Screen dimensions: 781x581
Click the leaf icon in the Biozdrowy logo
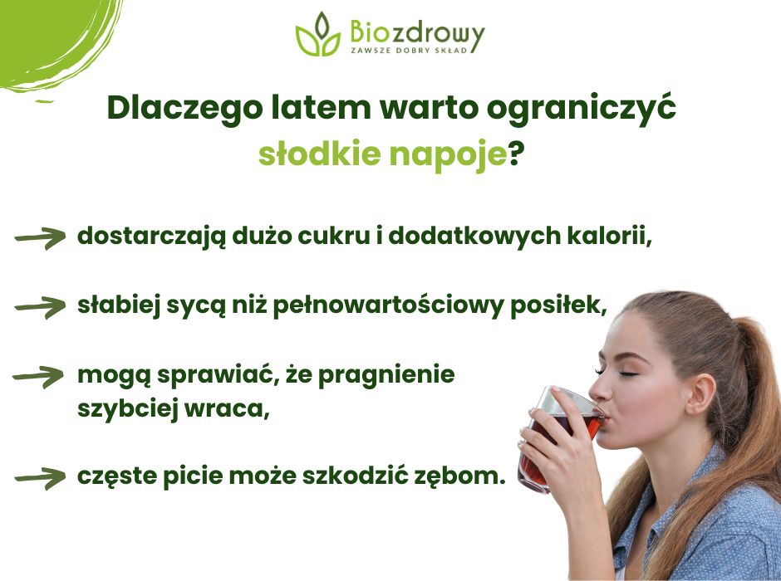pyautogui.click(x=318, y=34)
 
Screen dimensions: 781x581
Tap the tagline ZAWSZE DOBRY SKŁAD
pyautogui.click(x=410, y=50)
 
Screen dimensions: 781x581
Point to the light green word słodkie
pyautogui.click(x=320, y=154)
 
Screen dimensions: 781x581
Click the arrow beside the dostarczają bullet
pyautogui.click(x=41, y=237)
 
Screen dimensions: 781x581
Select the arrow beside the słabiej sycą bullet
pyautogui.click(x=41, y=307)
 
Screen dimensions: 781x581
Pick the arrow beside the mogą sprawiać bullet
pyautogui.click(x=39, y=377)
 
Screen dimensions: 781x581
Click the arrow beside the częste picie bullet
pyautogui.click(x=41, y=478)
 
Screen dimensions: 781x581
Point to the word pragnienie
pyautogui.click(x=386, y=375)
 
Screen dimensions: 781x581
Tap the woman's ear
pyautogui.click(x=700, y=393)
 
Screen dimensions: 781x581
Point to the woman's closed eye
pyautogui.click(x=625, y=373)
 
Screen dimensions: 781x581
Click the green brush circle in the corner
pyautogui.click(x=50, y=40)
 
